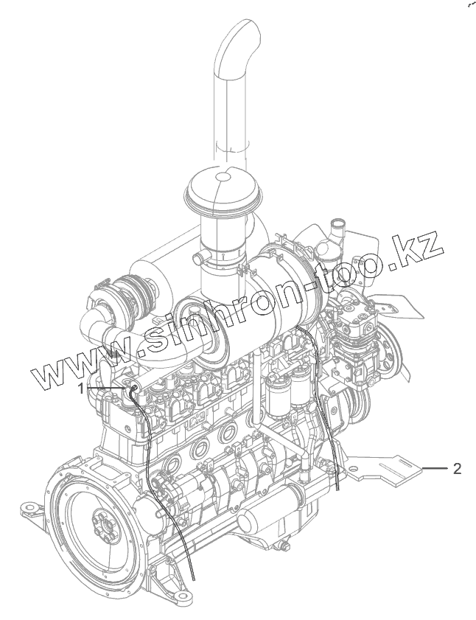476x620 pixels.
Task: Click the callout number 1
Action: click(x=81, y=389)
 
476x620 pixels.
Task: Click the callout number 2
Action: click(x=457, y=469)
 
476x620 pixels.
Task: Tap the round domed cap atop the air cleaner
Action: click(x=223, y=187)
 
